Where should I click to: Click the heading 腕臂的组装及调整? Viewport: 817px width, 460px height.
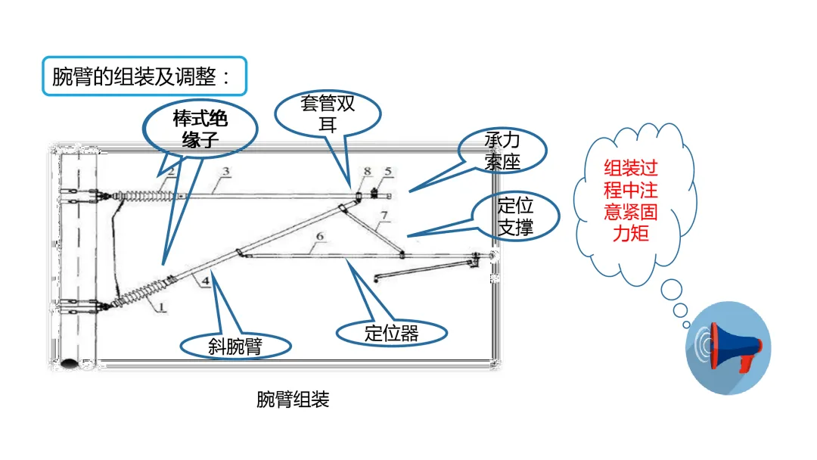pos(144,76)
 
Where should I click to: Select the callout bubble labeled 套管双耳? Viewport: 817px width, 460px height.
pos(328,114)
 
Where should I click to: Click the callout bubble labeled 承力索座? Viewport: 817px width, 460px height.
pos(502,151)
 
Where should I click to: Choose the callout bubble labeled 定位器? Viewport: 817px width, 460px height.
pos(391,333)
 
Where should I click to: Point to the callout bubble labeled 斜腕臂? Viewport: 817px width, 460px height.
pos(235,347)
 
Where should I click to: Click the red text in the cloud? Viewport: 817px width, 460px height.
pos(630,200)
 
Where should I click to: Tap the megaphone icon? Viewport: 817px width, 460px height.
pos(728,348)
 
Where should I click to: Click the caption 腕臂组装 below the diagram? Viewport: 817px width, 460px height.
pos(293,399)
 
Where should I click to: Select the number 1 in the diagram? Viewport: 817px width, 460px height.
pos(161,308)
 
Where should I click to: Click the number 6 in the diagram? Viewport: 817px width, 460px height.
pos(319,237)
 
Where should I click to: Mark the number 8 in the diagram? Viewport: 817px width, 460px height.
pos(366,172)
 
